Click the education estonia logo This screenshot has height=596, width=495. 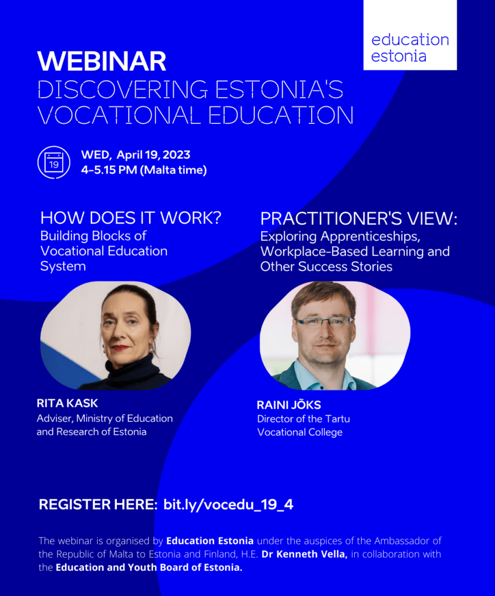pyautogui.click(x=410, y=35)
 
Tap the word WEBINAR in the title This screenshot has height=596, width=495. pyautogui.click(x=102, y=61)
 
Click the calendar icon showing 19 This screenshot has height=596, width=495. pyautogui.click(x=54, y=162)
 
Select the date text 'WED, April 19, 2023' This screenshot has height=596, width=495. pyautogui.click(x=136, y=155)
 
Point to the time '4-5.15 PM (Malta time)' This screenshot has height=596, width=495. pyautogui.click(x=144, y=170)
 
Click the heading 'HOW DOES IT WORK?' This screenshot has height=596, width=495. pyautogui.click(x=131, y=218)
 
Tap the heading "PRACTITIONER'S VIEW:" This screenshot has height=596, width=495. pyautogui.click(x=359, y=218)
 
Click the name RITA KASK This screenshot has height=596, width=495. pyautogui.click(x=67, y=403)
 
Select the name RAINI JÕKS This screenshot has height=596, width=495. pyautogui.click(x=289, y=405)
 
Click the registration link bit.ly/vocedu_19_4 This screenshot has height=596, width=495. pyautogui.click(x=229, y=505)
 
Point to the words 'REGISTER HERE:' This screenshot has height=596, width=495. pyautogui.click(x=98, y=505)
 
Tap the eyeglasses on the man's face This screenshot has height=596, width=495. pyautogui.click(x=323, y=322)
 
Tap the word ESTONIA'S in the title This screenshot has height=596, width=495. pyautogui.click(x=279, y=89)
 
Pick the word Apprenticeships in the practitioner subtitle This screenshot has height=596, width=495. pyautogui.click(x=371, y=236)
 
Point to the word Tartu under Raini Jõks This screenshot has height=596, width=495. pyautogui.click(x=338, y=418)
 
